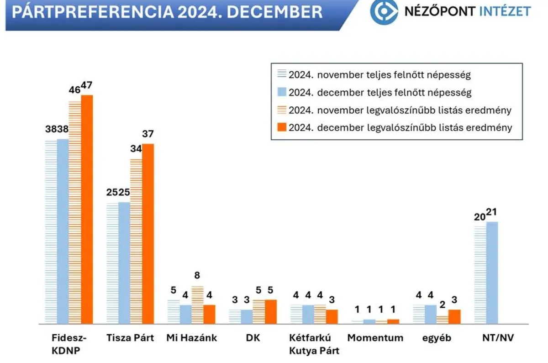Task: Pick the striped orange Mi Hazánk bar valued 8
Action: point(197,305)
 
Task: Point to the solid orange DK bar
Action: point(271,311)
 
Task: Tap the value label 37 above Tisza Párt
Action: point(148,134)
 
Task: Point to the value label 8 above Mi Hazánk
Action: point(197,275)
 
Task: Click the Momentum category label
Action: point(375,338)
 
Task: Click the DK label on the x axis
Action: point(253,338)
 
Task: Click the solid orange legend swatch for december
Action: point(282,127)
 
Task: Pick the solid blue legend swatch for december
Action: point(282,92)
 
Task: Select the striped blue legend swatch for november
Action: point(282,74)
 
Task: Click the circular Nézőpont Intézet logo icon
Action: point(384,11)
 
